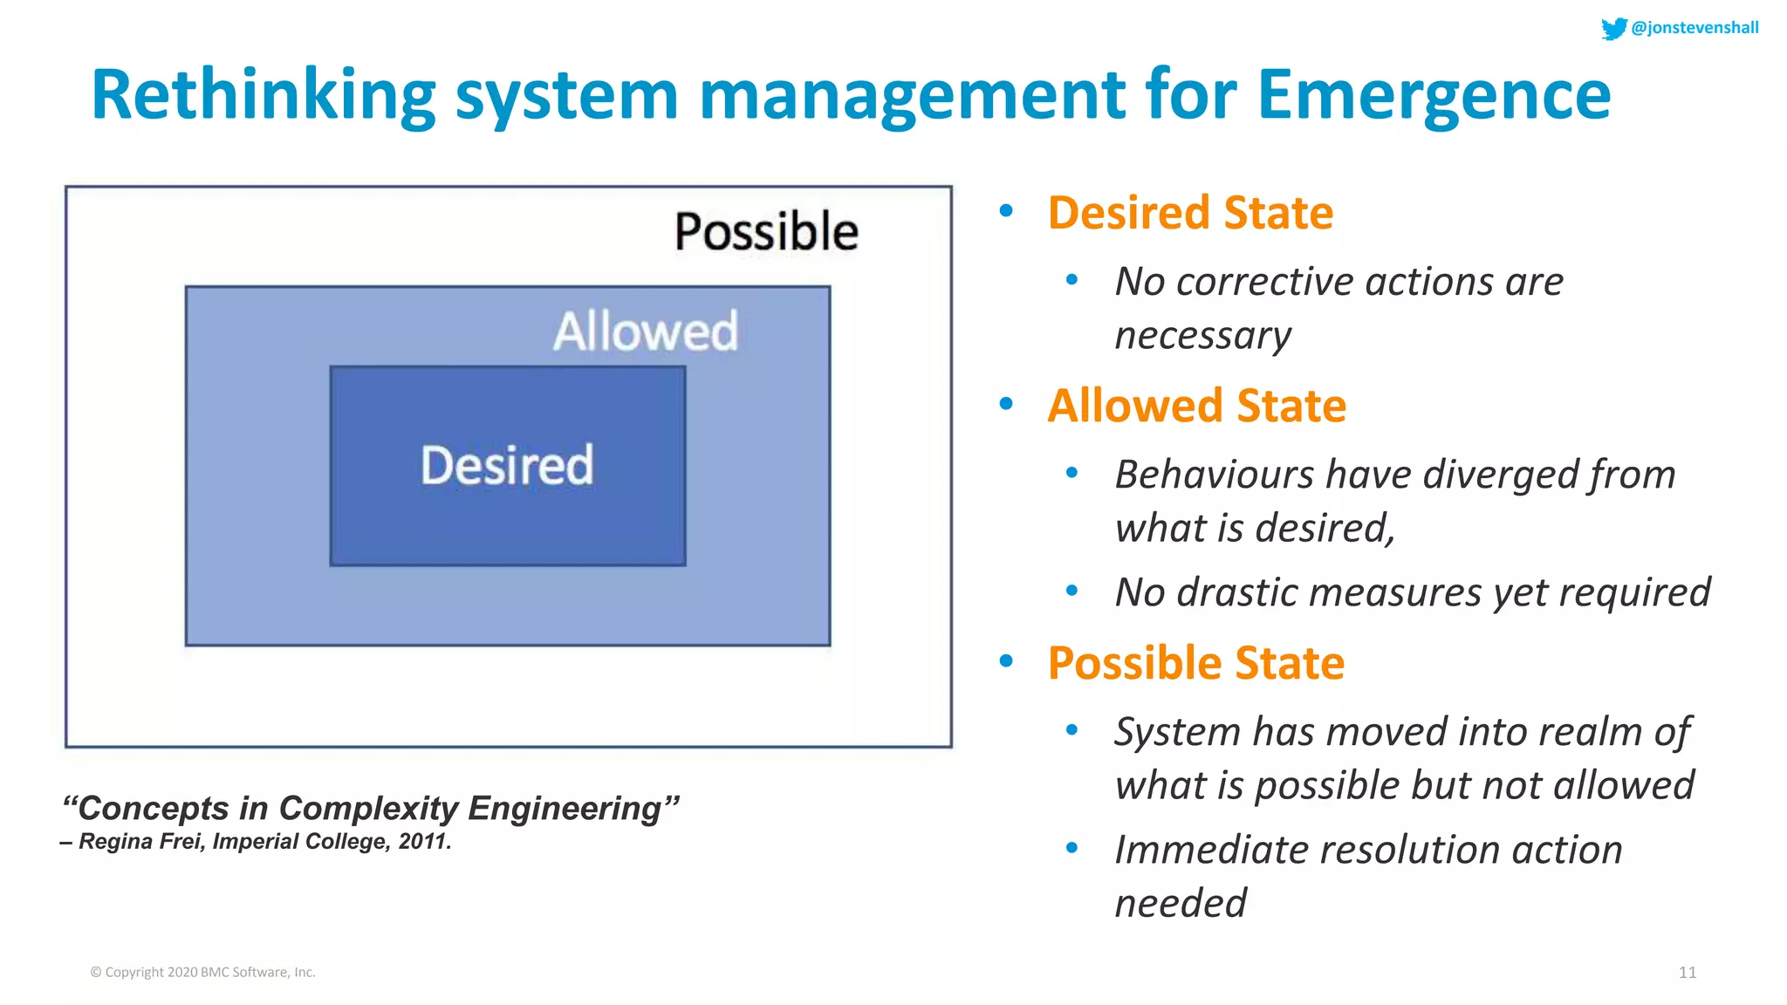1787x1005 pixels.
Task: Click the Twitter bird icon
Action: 1613,28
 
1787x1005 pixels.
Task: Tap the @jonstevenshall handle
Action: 1695,28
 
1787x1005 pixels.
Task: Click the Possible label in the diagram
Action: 766,232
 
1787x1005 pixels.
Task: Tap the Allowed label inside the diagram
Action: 646,332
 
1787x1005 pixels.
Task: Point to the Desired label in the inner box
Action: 507,465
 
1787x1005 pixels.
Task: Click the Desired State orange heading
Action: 1190,213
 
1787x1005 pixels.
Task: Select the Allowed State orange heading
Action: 1196,406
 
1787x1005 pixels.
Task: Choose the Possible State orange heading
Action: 1195,663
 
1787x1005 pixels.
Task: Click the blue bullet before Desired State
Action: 1006,210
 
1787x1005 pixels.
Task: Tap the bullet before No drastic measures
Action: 1072,591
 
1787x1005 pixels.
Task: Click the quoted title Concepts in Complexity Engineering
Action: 370,808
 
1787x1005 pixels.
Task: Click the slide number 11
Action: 1687,972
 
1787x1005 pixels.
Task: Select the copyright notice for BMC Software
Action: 202,972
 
